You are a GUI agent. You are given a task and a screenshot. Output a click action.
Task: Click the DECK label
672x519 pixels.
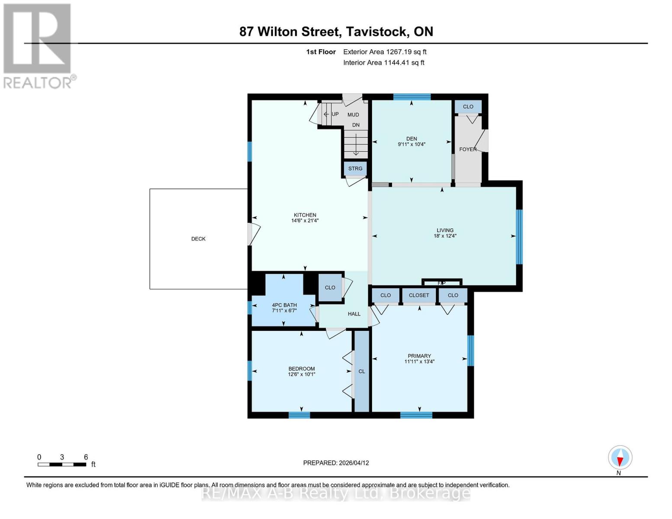[x=198, y=239]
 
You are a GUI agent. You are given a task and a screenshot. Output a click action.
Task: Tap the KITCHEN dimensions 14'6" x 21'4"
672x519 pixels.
[x=305, y=221]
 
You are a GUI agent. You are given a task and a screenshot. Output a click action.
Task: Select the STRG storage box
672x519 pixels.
[x=355, y=168]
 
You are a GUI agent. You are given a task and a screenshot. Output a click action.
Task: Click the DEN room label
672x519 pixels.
[x=411, y=139]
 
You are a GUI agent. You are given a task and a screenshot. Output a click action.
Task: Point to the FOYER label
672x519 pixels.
[x=467, y=149]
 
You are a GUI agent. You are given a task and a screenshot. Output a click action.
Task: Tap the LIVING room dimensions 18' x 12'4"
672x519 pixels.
[x=445, y=236]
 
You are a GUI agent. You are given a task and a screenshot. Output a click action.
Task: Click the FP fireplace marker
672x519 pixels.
[x=441, y=283]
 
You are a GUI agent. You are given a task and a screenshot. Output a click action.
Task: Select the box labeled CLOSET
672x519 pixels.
[x=419, y=295]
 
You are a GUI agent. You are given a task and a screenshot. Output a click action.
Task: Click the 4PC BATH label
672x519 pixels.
[x=284, y=305]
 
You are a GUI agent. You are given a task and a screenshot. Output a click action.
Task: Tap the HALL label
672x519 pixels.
[x=354, y=314]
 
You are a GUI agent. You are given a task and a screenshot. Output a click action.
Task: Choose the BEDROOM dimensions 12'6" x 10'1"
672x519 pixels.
[x=302, y=375]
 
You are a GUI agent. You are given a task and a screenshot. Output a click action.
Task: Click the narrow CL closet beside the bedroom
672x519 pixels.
[x=362, y=372]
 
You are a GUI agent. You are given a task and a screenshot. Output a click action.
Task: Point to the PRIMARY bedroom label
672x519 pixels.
[x=419, y=356]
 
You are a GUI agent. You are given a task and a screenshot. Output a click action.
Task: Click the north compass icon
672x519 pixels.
[x=620, y=458]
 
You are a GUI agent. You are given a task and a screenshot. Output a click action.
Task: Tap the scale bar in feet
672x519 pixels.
[x=62, y=465]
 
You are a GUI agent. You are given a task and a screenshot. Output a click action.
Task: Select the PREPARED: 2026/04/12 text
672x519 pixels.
[x=336, y=463]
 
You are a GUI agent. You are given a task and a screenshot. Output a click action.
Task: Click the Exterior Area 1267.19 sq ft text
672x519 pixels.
[x=385, y=52]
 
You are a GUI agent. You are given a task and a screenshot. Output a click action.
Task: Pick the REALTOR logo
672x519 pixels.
[x=38, y=45]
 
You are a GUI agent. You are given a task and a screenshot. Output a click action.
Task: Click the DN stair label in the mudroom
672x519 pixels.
[x=356, y=125]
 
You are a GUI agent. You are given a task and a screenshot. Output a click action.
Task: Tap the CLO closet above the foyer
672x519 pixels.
[x=468, y=107]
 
